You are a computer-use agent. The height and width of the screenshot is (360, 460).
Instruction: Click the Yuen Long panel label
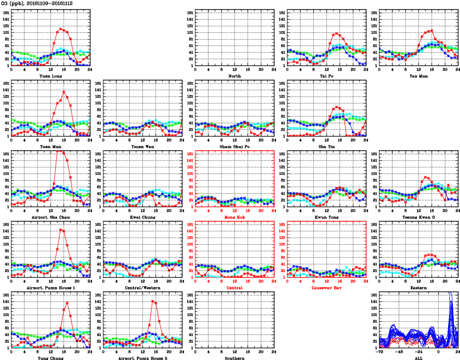coord(51,76)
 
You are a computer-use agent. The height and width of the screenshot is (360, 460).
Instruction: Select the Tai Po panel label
coord(327,76)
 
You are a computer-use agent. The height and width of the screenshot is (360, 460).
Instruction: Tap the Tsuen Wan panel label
coord(143,146)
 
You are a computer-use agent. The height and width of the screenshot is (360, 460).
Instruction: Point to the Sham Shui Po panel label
coord(235,146)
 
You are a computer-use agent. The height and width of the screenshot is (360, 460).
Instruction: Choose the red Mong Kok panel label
coord(235,217)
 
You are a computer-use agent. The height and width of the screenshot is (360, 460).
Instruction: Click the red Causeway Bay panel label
coord(327,288)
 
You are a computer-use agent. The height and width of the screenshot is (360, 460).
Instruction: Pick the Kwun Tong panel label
coord(327,217)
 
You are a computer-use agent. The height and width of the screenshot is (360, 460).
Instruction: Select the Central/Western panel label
coord(143,288)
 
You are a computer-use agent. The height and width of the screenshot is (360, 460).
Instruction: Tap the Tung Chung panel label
coord(51,358)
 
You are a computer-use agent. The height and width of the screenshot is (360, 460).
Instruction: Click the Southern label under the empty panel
coord(235,358)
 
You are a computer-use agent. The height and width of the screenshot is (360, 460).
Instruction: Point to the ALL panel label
coord(419,358)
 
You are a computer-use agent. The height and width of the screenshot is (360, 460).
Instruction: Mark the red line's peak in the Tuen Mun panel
coord(64,92)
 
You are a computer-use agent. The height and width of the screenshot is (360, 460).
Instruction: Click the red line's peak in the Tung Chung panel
coord(67,302)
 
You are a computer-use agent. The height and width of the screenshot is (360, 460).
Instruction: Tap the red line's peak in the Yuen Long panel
coord(61,29)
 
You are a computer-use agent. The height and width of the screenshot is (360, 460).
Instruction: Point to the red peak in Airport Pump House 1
coord(61,230)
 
